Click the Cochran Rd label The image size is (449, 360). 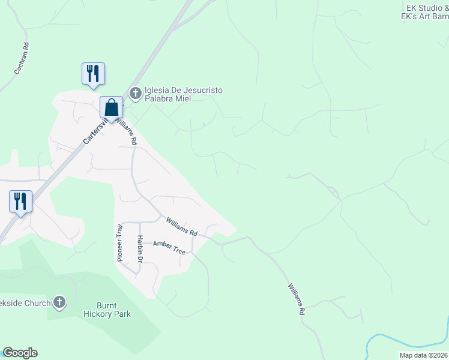[x=22, y=58]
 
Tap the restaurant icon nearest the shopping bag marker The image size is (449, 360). [x=93, y=74]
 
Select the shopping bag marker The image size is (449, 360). [x=111, y=107]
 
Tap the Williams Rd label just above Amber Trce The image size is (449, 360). [x=182, y=227]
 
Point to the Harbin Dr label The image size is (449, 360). [x=139, y=248]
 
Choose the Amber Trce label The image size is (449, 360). [x=169, y=247]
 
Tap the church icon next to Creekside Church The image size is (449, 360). [x=59, y=303]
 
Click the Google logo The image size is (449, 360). [x=20, y=353]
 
